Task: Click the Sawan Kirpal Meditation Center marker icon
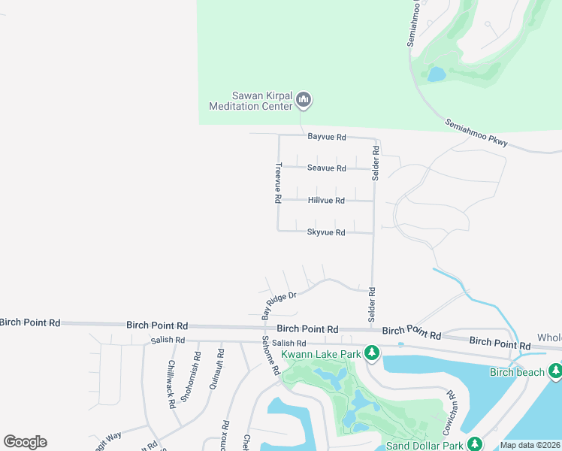click(x=304, y=99)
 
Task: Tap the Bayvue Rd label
click(x=326, y=137)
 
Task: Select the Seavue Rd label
click(x=326, y=168)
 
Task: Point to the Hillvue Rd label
click(x=326, y=201)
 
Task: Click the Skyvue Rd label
click(x=326, y=233)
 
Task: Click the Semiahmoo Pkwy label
click(x=476, y=132)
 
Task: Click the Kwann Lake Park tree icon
click(x=371, y=352)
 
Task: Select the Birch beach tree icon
click(x=555, y=371)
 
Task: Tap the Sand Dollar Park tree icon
click(x=474, y=445)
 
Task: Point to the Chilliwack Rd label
click(x=171, y=384)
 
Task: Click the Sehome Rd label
click(x=272, y=355)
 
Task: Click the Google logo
click(x=25, y=442)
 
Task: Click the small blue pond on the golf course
click(x=436, y=74)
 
